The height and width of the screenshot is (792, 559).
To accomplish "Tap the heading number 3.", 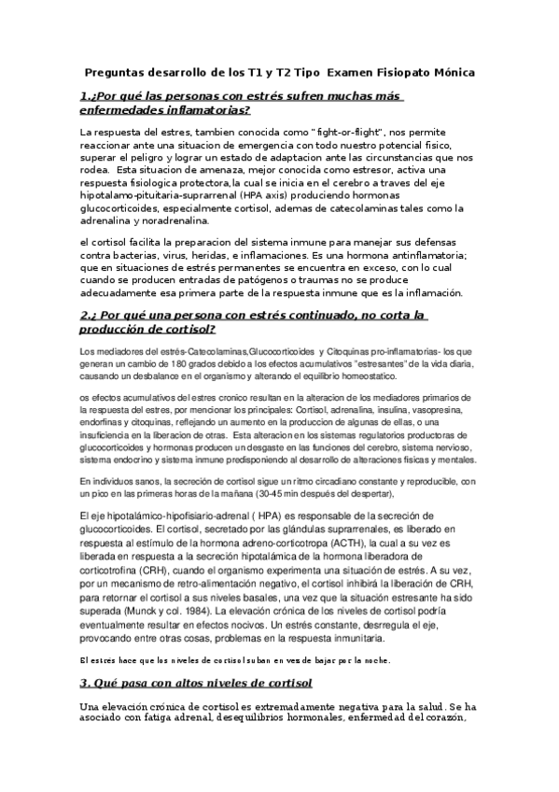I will [x=84, y=684].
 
